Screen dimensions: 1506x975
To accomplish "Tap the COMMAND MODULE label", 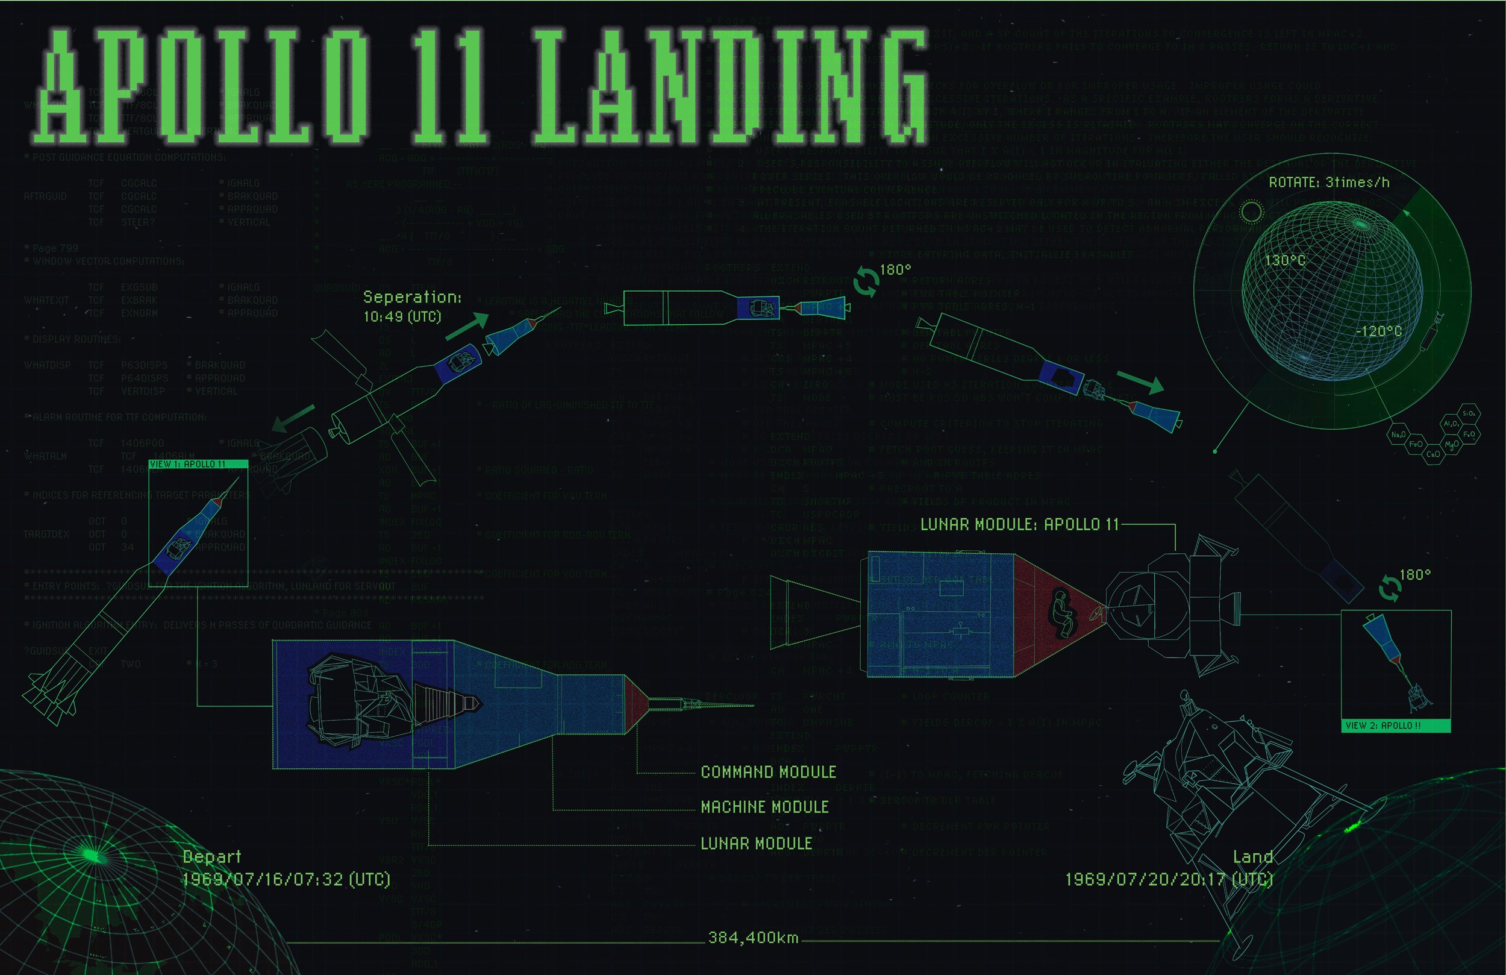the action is point(768,772).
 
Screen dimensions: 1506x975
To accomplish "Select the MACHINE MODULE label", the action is point(764,807).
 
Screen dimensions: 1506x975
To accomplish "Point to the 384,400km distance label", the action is point(753,938).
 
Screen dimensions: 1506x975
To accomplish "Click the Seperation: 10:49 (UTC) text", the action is point(412,307).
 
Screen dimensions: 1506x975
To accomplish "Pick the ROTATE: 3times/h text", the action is point(1329,183).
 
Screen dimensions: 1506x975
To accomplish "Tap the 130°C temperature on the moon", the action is point(1284,260).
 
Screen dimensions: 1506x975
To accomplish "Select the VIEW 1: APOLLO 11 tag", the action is point(187,464).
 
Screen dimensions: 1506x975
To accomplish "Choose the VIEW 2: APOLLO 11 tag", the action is point(1383,726).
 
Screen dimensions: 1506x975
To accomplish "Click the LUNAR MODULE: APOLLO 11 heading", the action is point(1019,524).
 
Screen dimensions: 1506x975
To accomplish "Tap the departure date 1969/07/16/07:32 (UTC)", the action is point(286,879).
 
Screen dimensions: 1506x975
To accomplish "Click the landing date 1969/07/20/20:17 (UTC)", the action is point(1169,879).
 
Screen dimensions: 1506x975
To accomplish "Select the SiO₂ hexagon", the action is point(1469,413).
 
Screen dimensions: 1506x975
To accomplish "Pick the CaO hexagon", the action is point(1433,454).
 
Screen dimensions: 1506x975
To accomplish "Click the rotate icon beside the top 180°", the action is point(865,284).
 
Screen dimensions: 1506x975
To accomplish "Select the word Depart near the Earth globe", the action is point(211,857).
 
